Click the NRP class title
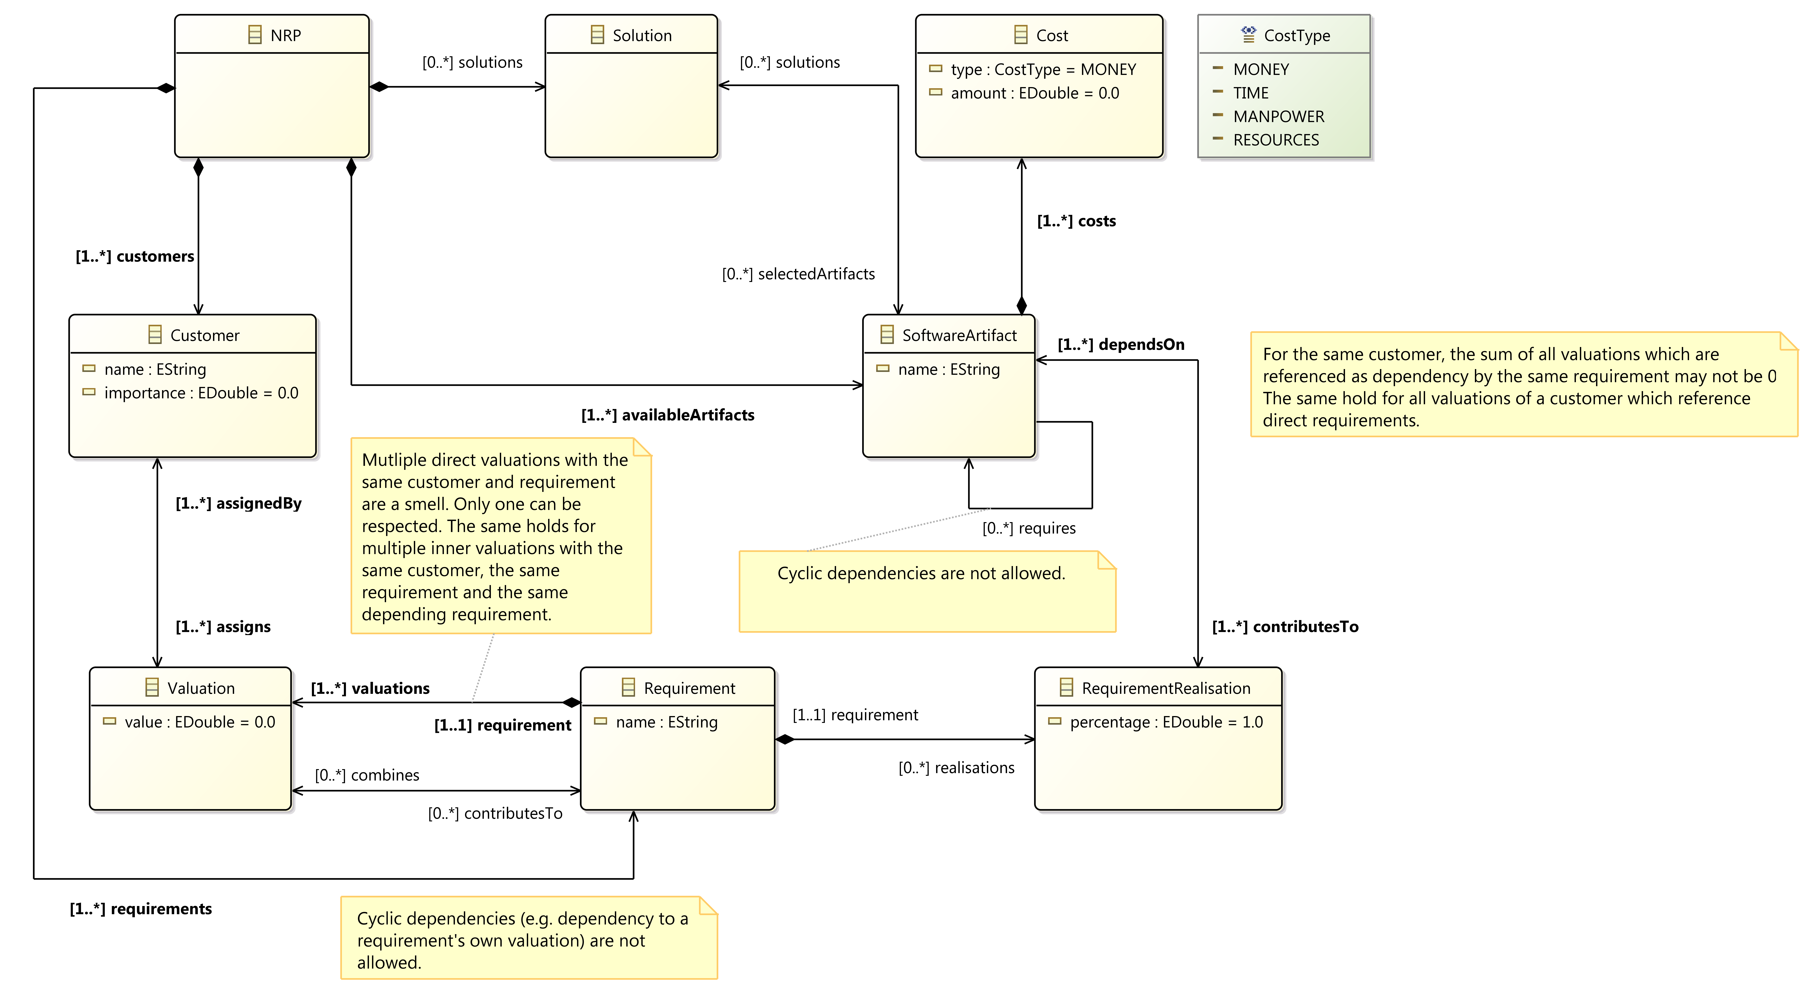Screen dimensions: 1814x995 click(285, 35)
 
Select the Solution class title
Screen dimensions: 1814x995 click(641, 35)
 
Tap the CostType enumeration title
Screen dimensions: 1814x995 click(1297, 35)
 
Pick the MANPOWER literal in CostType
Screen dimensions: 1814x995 click(1278, 116)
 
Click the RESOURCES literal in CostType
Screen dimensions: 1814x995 click(1276, 139)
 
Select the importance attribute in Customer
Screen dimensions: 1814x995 click(201, 393)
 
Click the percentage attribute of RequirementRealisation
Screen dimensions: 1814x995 click(1166, 722)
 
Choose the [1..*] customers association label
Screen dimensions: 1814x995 click(134, 256)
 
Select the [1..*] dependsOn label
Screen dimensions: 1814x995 click(1121, 344)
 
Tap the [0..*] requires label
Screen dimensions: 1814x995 click(1029, 528)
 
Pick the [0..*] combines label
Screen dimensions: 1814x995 click(367, 775)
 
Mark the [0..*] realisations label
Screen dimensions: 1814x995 click(956, 768)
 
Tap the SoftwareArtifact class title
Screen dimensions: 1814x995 click(959, 335)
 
